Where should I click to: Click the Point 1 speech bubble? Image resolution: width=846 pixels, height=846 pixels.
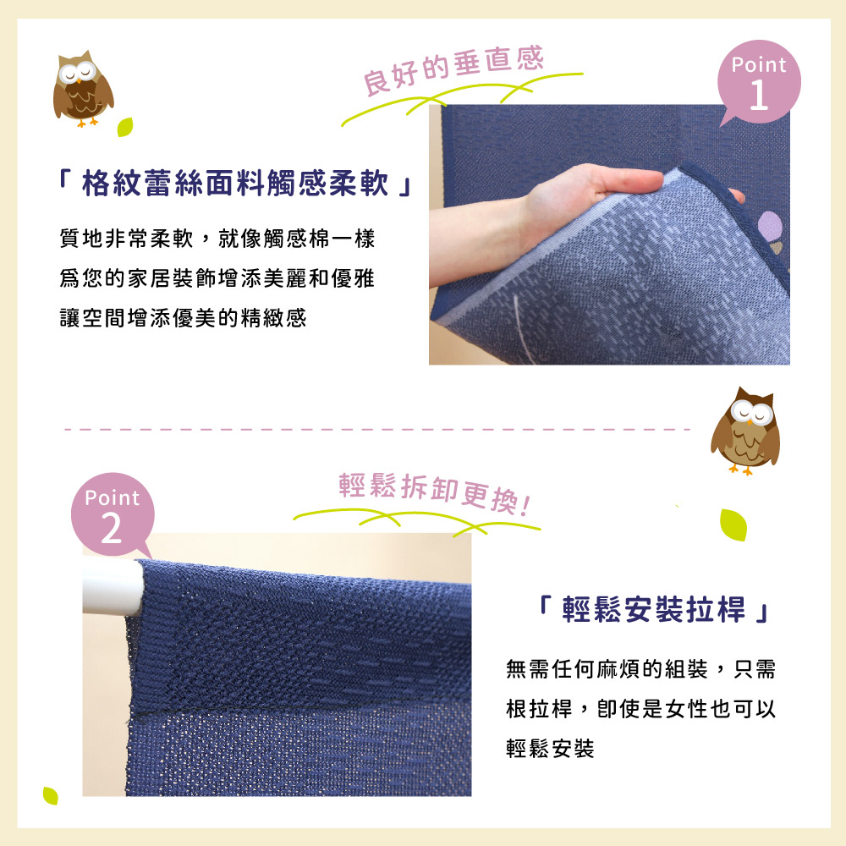point(759,82)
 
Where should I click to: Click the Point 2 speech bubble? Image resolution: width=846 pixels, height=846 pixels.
point(113,514)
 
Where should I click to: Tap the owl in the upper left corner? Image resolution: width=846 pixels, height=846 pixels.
point(83,89)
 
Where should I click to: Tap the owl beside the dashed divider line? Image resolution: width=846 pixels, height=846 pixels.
point(745,431)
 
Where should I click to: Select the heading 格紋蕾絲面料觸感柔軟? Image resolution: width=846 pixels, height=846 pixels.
point(235,183)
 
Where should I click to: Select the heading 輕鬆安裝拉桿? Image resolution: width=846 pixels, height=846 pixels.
point(653,610)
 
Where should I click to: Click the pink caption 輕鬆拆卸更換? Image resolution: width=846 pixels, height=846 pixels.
point(434,492)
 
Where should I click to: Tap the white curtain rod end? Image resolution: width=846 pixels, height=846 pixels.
point(113,588)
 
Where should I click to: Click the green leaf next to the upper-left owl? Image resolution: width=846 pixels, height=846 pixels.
point(125,127)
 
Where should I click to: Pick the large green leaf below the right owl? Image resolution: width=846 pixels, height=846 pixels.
point(733,525)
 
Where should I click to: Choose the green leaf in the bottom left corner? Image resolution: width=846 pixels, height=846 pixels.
point(50,795)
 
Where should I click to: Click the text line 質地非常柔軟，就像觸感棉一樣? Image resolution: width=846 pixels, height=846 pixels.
point(217,239)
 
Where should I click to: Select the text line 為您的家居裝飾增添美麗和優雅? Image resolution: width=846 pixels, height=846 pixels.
point(217,278)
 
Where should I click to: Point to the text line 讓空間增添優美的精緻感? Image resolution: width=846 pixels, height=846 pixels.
point(183,318)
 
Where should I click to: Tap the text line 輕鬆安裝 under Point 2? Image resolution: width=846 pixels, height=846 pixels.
point(551,749)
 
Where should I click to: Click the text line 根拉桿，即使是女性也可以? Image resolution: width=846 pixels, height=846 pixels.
point(641,708)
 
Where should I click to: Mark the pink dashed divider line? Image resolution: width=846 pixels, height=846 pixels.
point(377,430)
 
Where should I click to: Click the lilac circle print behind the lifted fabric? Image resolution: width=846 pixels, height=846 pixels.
point(770,226)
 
